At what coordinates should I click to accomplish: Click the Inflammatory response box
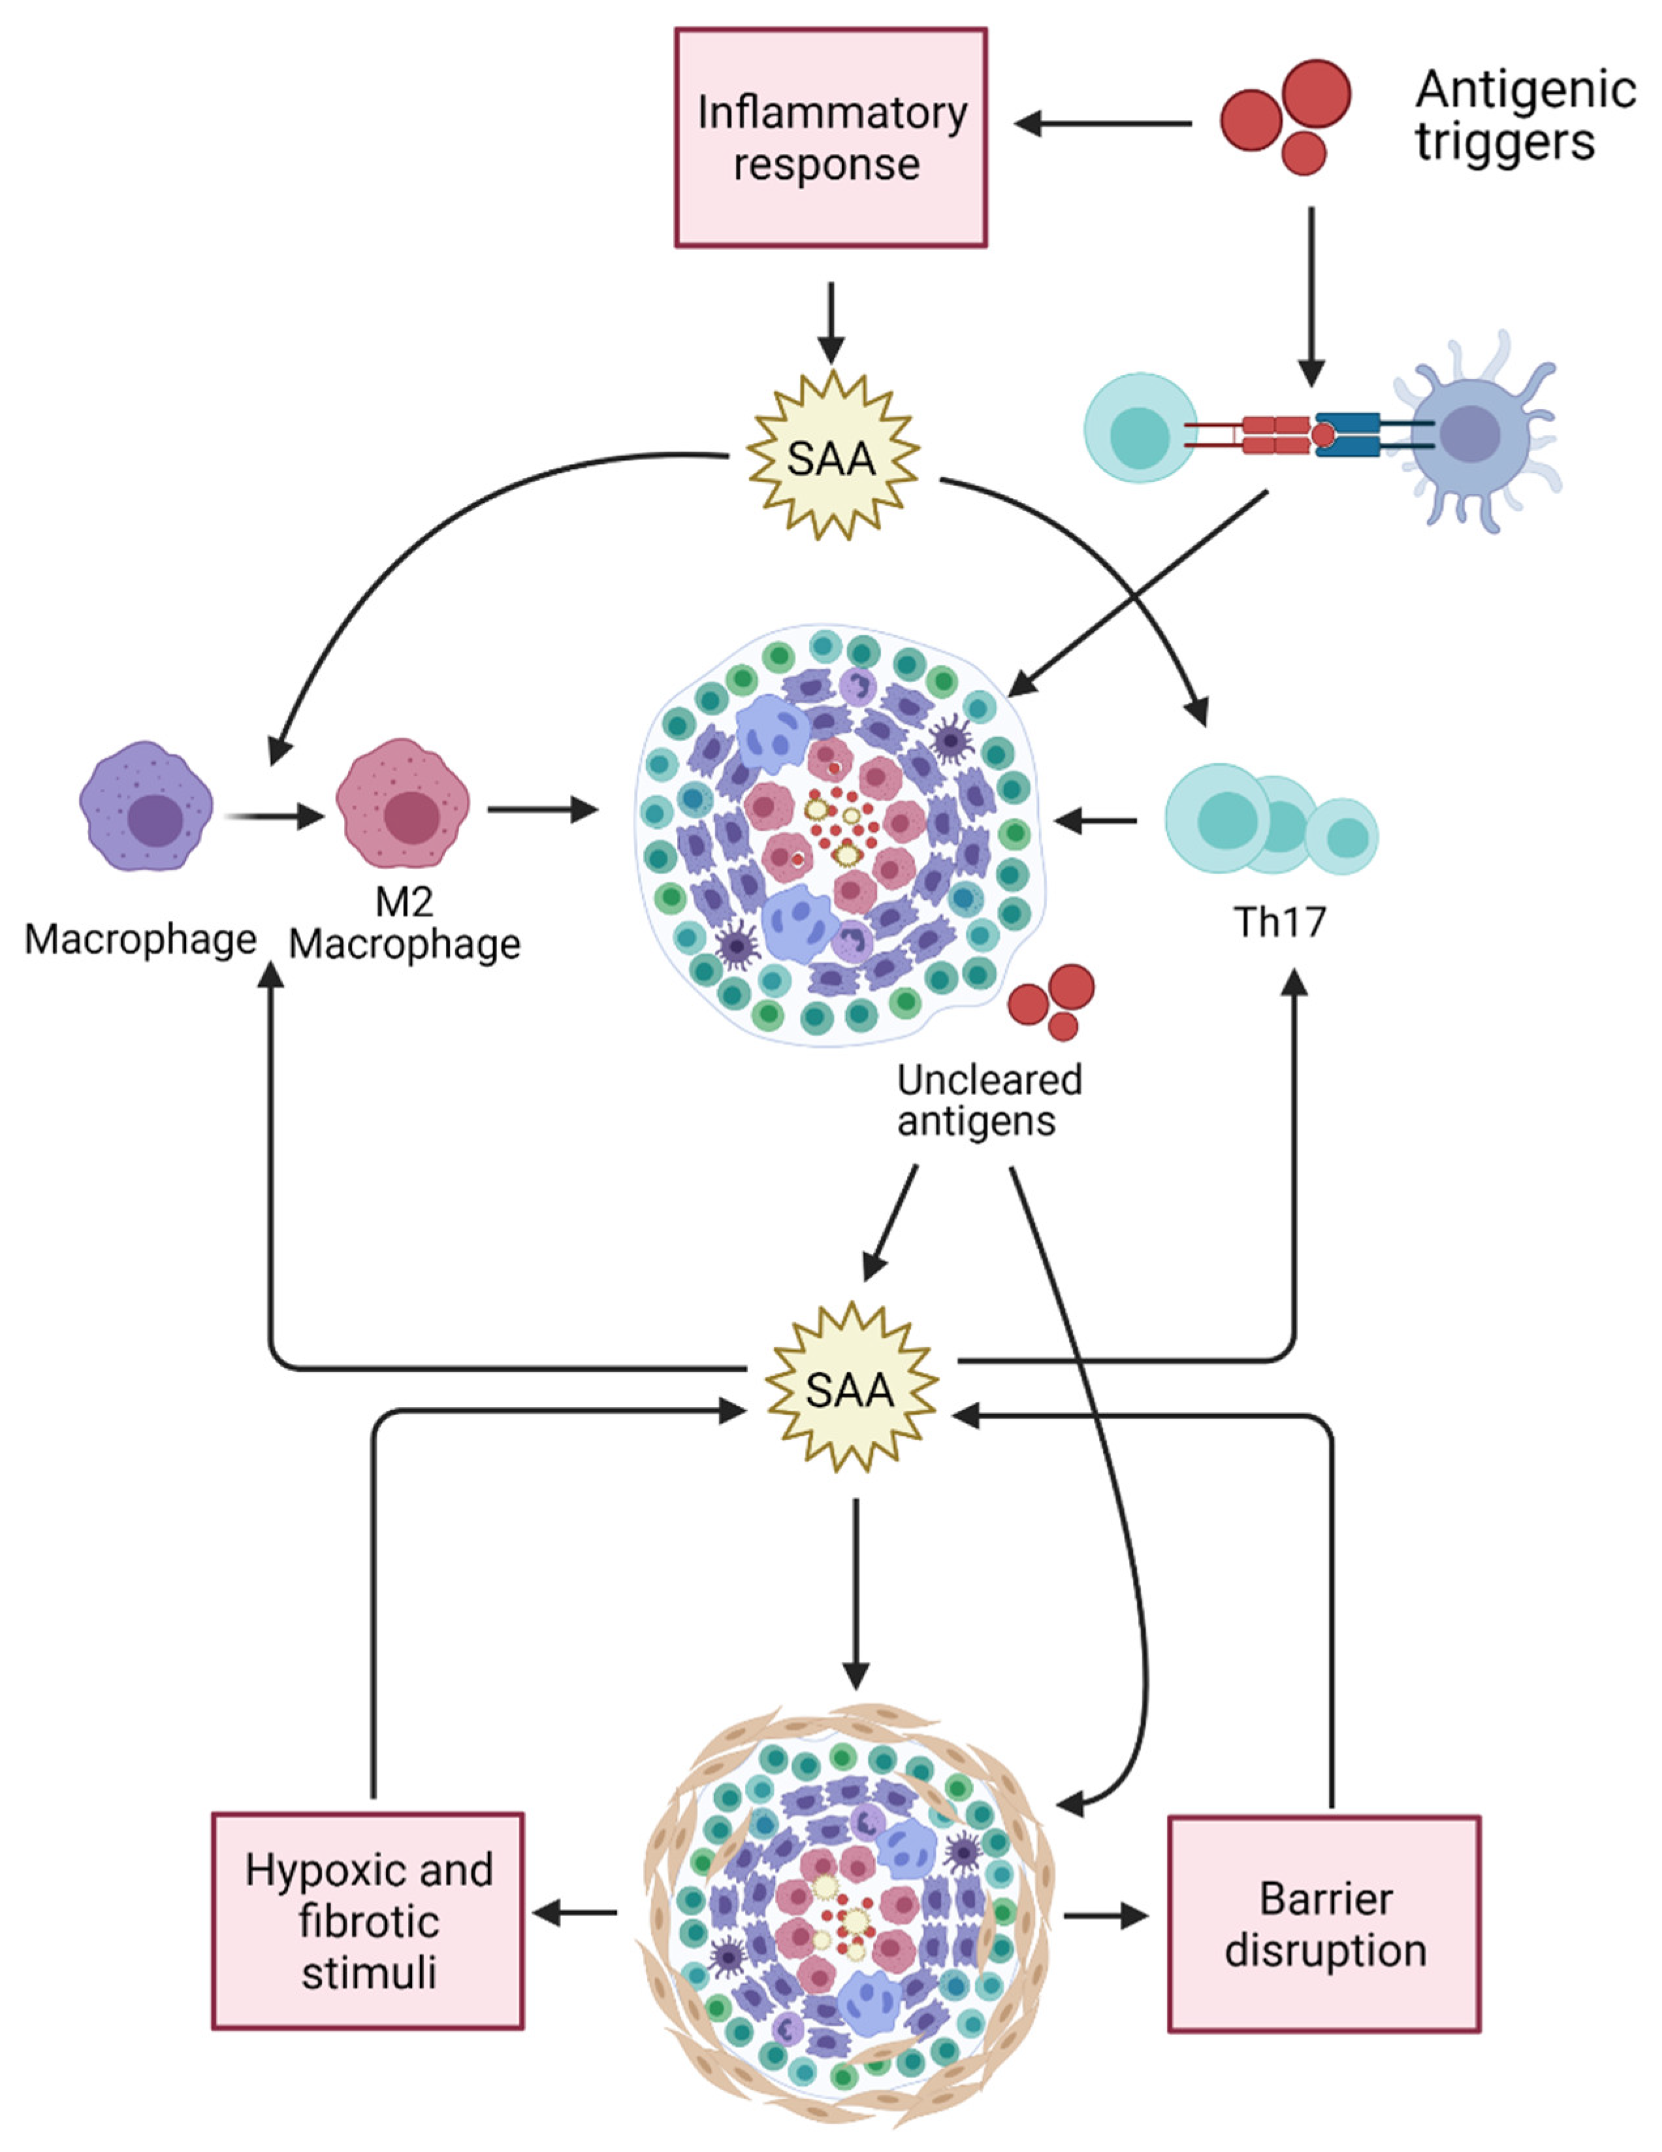click(x=831, y=137)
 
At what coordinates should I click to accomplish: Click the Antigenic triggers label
click(x=1524, y=115)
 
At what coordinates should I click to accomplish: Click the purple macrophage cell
click(x=146, y=807)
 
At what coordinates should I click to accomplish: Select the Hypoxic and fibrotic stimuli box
click(x=368, y=1921)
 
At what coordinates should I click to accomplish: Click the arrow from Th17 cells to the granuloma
click(x=1095, y=820)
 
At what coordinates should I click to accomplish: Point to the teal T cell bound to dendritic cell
click(x=1140, y=428)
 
